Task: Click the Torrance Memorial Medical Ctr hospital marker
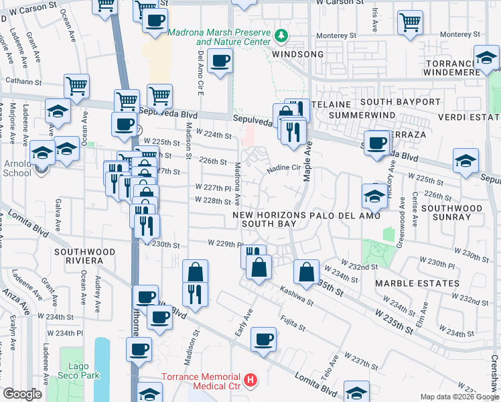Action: point(251,381)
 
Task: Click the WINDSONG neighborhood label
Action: point(298,54)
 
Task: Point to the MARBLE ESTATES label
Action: point(417,283)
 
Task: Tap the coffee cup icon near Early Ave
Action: point(265,338)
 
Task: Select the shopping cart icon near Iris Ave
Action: point(410,21)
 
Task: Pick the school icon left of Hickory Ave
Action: point(374,195)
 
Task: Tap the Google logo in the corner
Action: point(23,394)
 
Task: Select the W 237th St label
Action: point(362,359)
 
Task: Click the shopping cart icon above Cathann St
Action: point(77,86)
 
